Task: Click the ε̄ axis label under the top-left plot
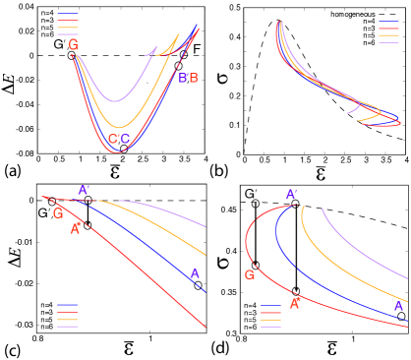coord(115,172)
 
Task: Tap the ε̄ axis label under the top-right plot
coord(321,173)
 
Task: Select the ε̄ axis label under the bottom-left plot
coord(128,348)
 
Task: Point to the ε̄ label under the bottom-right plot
coord(332,348)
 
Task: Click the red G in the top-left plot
coord(74,44)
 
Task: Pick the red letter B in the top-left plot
coord(194,78)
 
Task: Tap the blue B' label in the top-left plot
coord(183,78)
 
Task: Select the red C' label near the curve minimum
coord(113,139)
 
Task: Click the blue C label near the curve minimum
coord(125,139)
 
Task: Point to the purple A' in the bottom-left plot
coord(84,190)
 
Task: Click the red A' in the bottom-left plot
coord(76,229)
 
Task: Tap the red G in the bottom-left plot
coord(58,212)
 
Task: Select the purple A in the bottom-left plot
coord(194,274)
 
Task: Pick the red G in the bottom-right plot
coord(250,274)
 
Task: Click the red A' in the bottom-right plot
coord(294,304)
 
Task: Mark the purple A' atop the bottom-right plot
coord(291,194)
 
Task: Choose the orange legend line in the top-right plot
coord(389,35)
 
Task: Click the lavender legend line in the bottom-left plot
coord(68,327)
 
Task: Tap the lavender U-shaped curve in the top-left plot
coord(115,100)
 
